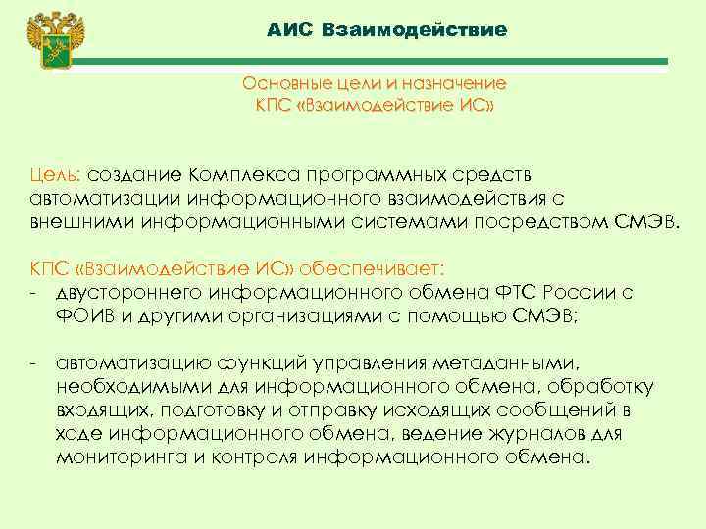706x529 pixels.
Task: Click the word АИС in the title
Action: click(x=289, y=30)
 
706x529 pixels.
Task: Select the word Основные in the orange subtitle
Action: click(x=287, y=83)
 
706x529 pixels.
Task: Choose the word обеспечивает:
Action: click(x=374, y=266)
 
